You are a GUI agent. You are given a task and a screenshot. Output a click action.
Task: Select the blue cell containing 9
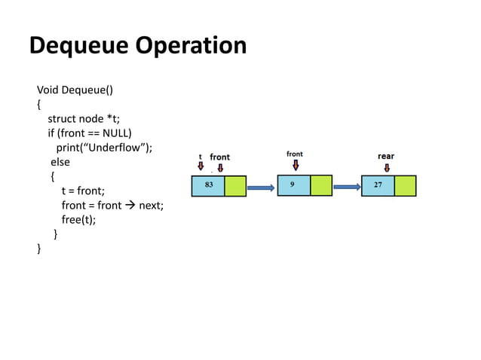click(x=293, y=185)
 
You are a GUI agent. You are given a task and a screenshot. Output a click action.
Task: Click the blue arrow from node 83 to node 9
click(x=261, y=188)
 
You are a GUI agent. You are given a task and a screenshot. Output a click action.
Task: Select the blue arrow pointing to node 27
click(x=347, y=188)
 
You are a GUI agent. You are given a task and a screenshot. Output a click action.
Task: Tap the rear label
click(x=385, y=157)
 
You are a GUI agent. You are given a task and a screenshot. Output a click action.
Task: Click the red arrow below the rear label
click(x=387, y=167)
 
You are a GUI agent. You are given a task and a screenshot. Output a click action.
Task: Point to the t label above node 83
click(x=200, y=157)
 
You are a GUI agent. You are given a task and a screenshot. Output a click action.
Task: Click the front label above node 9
click(x=295, y=154)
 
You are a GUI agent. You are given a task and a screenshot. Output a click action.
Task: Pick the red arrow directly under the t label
click(x=201, y=166)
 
